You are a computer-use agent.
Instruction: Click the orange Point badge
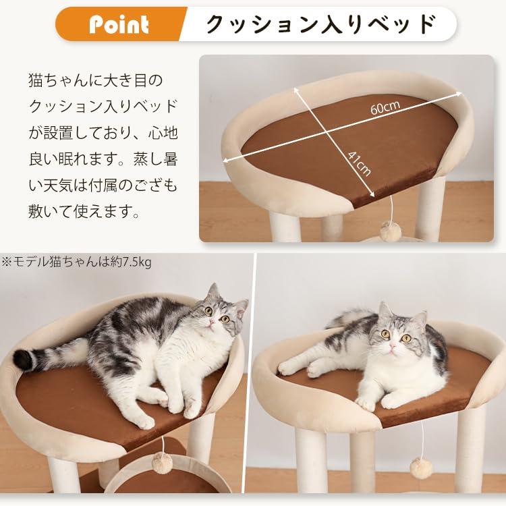click(x=120, y=25)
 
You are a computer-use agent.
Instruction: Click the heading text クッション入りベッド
click(x=320, y=24)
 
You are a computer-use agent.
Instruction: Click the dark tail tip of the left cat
click(x=24, y=360)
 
